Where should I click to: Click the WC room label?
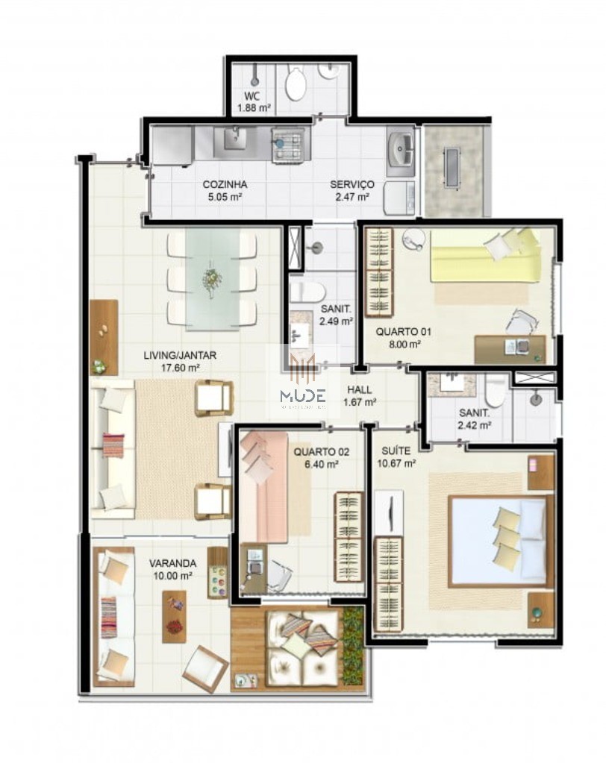click(253, 96)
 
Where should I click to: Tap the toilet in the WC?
click(296, 84)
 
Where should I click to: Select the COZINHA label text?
click(225, 185)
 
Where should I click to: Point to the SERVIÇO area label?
click(352, 185)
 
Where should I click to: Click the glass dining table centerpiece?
click(212, 280)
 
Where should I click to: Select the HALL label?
click(359, 389)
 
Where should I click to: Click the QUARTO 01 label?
click(403, 332)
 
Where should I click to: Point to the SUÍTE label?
click(396, 451)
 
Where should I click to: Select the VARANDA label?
click(172, 563)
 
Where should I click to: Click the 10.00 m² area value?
click(172, 575)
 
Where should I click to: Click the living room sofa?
click(113, 450)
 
